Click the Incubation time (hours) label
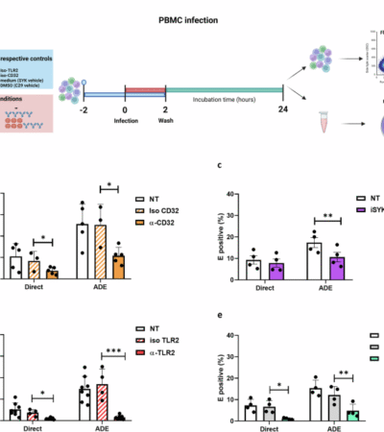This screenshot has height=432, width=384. [x=224, y=111]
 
